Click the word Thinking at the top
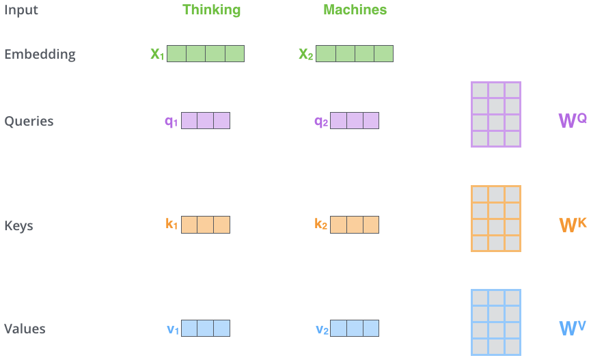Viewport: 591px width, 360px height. tap(211, 10)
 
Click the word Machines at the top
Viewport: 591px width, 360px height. tap(355, 10)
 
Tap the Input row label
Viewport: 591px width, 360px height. tap(21, 10)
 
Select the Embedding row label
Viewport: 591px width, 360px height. tap(40, 54)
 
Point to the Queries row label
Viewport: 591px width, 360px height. tap(29, 121)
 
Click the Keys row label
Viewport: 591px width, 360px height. tap(19, 226)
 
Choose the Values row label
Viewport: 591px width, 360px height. tap(25, 329)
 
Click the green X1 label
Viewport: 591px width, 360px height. tap(157, 54)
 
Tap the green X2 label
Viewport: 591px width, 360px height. tap(306, 54)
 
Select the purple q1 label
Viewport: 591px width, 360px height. tap(171, 122)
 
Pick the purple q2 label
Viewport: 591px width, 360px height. tap(321, 122)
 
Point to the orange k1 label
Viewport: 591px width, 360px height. tap(171, 224)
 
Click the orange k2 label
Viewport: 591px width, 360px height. tap(320, 224)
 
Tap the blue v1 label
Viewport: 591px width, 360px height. tap(173, 329)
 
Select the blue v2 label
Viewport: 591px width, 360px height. tap(322, 329)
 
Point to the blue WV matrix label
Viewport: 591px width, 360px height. tap(573, 328)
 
